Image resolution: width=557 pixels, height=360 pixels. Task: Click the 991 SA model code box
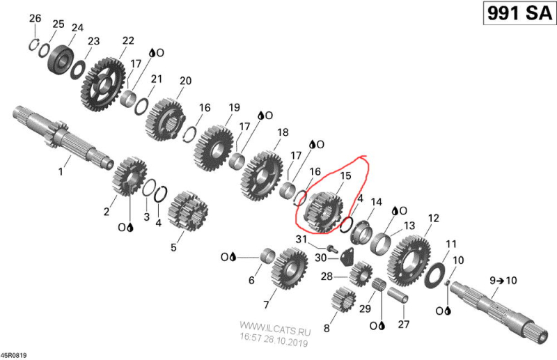coord(519,13)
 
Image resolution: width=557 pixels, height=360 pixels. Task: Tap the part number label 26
coord(36,18)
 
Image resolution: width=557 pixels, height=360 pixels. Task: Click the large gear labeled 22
coord(103,84)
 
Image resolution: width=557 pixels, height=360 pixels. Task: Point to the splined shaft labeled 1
coord(63,138)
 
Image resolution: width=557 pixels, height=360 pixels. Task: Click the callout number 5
coord(173,247)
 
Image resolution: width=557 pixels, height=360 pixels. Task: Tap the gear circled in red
coord(324,212)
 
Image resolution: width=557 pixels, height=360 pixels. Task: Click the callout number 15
coord(345,175)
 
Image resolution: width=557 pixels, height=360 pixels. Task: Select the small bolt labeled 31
coord(332,248)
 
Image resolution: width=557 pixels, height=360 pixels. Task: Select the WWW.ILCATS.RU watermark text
coord(275,328)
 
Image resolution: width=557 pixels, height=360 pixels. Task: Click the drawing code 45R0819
coord(13,355)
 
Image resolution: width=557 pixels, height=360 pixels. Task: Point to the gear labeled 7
coord(289,269)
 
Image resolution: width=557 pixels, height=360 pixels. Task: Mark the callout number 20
coord(185,81)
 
